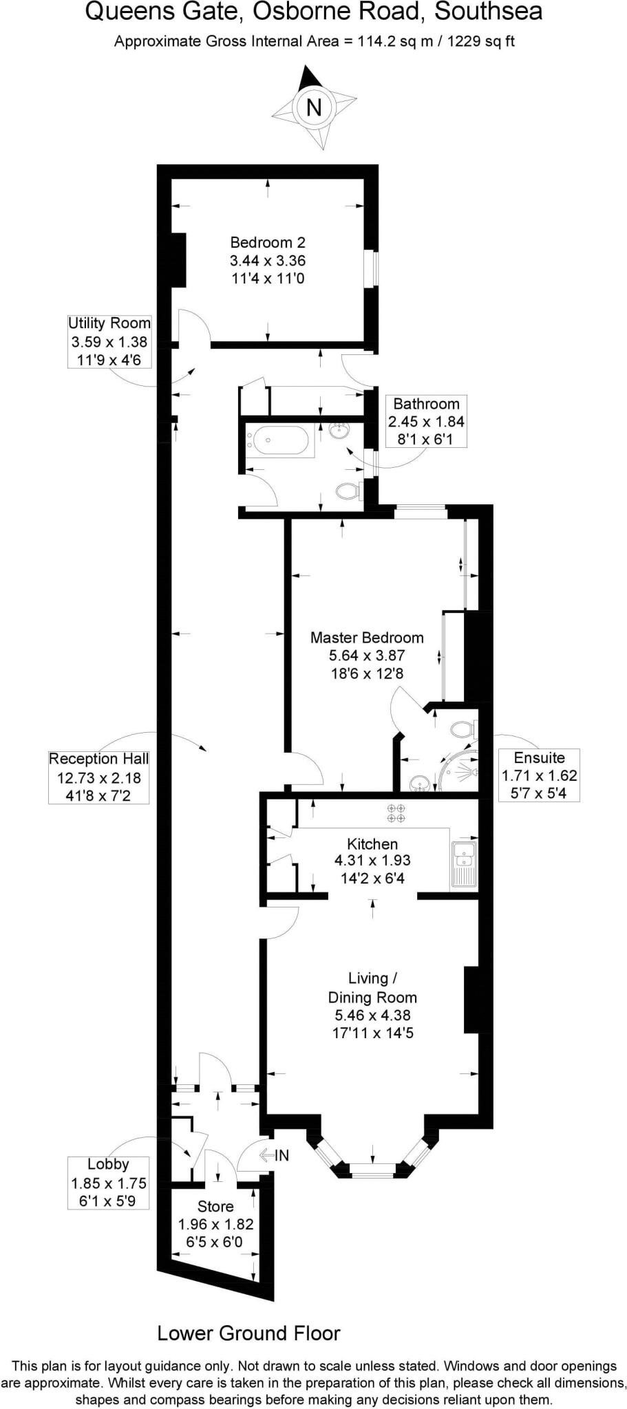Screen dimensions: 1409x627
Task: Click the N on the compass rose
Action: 314,107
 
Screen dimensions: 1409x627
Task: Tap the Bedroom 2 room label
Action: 267,261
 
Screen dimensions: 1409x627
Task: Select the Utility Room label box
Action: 109,341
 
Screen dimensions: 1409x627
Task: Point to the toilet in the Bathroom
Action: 348,491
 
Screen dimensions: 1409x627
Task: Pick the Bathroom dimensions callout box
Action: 426,422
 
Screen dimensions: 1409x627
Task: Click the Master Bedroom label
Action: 367,655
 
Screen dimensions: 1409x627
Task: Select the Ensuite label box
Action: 539,775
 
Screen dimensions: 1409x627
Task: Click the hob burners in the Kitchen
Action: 396,813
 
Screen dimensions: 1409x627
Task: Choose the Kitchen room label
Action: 372,860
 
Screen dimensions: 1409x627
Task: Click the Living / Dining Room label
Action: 372,1005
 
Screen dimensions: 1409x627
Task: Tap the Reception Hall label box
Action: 98,777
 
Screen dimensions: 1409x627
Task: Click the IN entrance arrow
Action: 273,1156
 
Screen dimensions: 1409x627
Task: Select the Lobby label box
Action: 108,1183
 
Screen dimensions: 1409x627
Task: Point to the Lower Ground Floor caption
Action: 248,1333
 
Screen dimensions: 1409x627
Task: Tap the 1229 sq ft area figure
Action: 481,41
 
